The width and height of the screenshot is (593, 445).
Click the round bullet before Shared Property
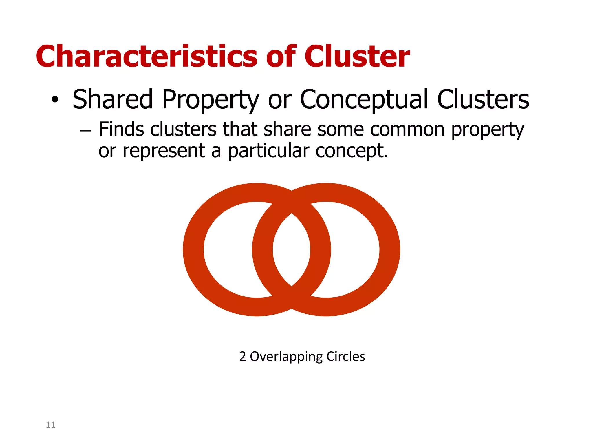coord(55,100)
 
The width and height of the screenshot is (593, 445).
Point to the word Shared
coord(112,99)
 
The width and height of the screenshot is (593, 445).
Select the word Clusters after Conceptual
coord(483,99)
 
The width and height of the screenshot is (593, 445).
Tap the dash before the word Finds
coord(85,131)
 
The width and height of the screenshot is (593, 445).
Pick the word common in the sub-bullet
coord(407,130)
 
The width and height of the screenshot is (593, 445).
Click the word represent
coord(164,151)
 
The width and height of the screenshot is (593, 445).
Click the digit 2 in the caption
coord(242,356)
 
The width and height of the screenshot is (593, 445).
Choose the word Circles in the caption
coord(345,356)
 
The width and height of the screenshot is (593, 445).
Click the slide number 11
coord(50,425)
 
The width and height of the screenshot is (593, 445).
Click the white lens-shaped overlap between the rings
coord(291,250)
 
